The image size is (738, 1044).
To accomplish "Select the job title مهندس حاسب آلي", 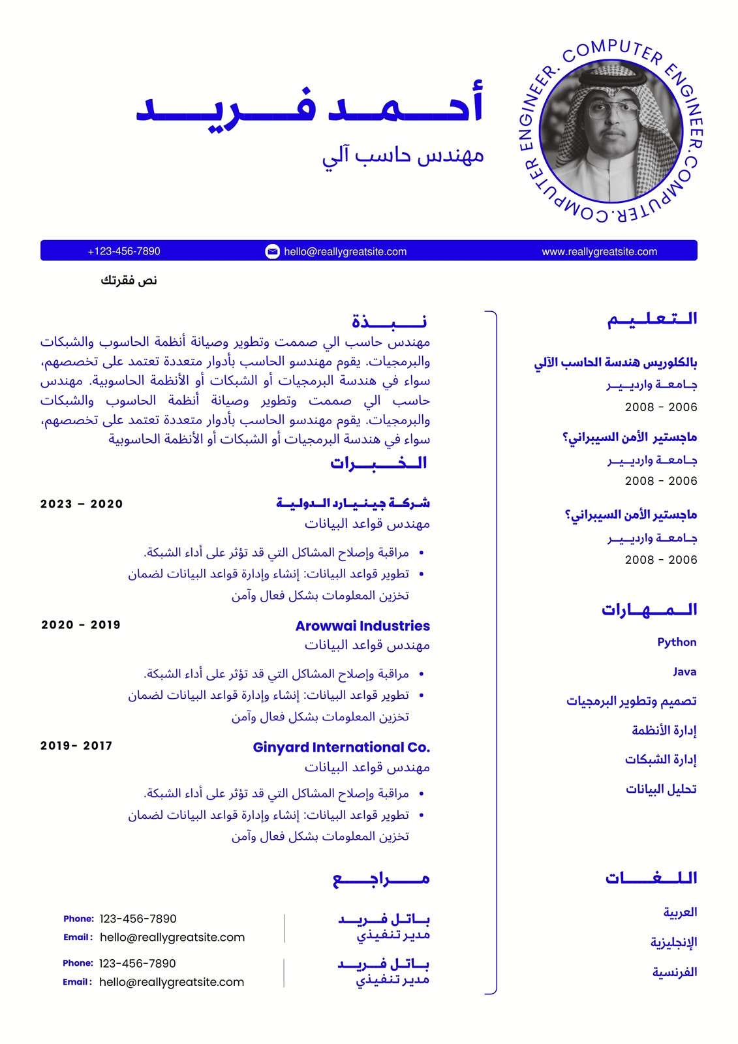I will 403,156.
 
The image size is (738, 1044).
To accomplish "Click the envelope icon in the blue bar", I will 273,251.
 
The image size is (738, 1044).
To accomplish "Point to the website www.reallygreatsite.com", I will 599,252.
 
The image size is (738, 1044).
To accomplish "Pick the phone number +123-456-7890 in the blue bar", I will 124,251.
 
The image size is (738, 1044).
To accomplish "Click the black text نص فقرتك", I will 129,281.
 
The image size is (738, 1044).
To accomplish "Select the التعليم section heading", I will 652,319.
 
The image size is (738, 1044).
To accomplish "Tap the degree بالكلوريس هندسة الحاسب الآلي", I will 615,363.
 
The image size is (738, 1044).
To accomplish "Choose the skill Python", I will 677,642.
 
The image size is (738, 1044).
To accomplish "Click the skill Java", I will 684,671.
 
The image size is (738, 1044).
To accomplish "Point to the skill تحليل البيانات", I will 661,790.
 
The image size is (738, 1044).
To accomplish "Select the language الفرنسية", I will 675,972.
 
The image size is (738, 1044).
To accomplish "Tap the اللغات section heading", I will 651,878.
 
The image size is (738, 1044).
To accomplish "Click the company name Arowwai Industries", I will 362,626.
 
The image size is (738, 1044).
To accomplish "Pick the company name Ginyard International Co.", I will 341,747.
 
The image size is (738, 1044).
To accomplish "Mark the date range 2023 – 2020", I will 82,504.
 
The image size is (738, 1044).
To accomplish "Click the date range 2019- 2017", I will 76,746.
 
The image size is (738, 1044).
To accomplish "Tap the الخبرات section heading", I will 378,463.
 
